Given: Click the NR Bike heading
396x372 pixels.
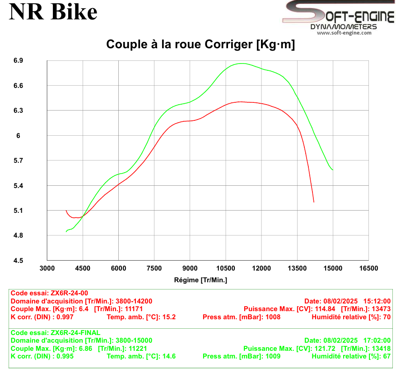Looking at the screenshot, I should pos(53,12).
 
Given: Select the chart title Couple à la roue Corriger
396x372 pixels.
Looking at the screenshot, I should pos(200,45).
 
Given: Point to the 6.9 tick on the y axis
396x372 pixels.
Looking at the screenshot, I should pos(18,60).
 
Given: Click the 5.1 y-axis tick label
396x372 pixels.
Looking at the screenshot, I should pos(18,211).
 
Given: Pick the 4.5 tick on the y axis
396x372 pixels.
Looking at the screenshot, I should pos(18,261).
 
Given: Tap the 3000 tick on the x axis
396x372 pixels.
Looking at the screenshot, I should pos(47,268).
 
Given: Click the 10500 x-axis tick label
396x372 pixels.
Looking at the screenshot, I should pos(226,268).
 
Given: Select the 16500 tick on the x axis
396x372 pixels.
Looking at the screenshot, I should pos(368,268).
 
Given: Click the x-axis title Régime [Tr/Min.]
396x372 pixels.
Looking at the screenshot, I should pos(200,280).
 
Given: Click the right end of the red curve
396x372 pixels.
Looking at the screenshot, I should pos(313,202).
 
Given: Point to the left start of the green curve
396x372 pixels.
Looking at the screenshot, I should pos(66,232).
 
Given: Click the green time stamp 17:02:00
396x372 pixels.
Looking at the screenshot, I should pos(377,340).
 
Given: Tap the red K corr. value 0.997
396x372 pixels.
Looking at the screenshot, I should pos(64,317).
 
